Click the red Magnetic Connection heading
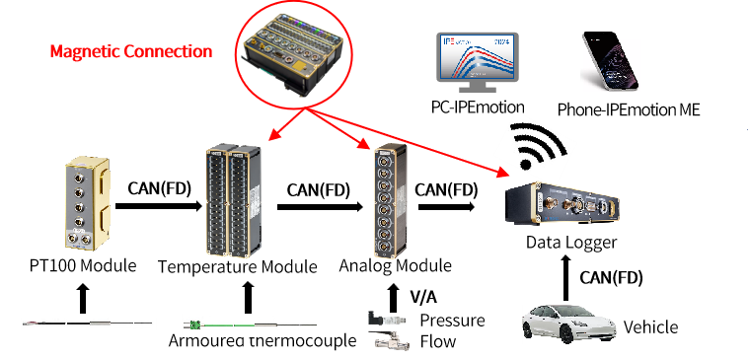[x=131, y=51]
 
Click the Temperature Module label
[x=238, y=266]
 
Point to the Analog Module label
[x=395, y=265]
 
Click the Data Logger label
[x=571, y=243]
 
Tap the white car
[x=568, y=324]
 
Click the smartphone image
[x=610, y=61]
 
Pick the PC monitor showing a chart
[x=477, y=63]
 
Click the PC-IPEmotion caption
[x=478, y=108]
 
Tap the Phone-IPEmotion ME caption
[x=629, y=109]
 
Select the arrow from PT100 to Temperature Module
[x=159, y=206]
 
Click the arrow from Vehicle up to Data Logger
[x=565, y=278]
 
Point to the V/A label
[x=423, y=297]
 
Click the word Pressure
[x=453, y=320]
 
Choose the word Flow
[x=437, y=341]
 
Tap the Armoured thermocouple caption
[x=262, y=341]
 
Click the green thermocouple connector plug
[x=193, y=325]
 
